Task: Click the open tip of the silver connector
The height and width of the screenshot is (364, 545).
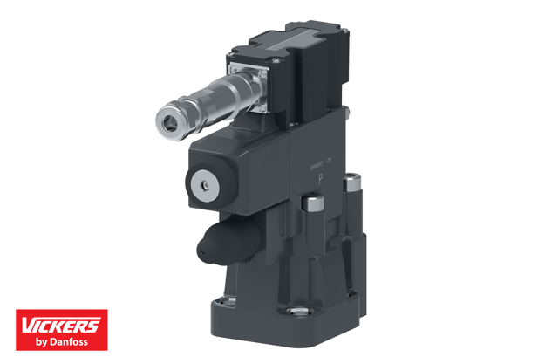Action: (x=168, y=120)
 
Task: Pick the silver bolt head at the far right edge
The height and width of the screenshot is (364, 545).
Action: (x=351, y=183)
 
